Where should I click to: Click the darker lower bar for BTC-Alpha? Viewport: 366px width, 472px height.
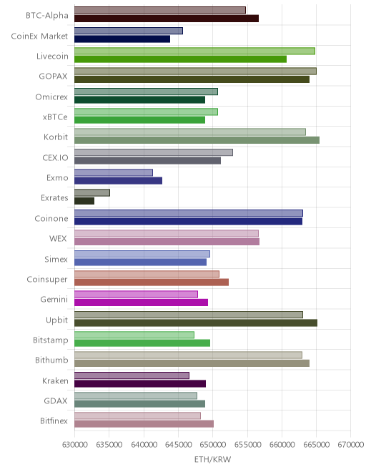(167, 19)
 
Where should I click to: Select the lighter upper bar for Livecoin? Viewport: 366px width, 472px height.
(194, 51)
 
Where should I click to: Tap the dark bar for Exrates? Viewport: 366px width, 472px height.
(84, 201)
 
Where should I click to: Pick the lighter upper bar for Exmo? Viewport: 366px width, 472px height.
(114, 172)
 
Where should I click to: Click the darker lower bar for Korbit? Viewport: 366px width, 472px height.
(197, 140)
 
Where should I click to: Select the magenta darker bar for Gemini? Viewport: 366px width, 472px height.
(141, 303)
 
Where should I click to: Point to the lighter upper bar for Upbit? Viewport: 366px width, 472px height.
(189, 315)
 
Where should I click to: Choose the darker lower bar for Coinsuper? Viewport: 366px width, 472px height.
(152, 282)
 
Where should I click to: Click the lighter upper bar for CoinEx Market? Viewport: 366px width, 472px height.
(129, 31)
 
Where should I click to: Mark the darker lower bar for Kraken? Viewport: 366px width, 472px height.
(140, 383)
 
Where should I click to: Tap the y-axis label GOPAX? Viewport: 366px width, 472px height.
(53, 76)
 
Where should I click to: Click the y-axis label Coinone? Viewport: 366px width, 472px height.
(51, 218)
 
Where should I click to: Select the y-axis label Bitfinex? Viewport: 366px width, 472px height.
(54, 421)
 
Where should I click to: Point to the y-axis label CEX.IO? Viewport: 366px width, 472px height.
(55, 157)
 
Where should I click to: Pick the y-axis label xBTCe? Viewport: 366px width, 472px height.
(55, 117)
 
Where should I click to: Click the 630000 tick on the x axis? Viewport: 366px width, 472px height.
(74, 444)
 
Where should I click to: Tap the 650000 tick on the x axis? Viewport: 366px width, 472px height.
(212, 444)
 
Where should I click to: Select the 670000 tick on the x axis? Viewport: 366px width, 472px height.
(351, 444)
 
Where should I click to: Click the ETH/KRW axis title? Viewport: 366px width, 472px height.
(212, 459)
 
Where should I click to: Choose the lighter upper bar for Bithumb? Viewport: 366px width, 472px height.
(188, 355)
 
